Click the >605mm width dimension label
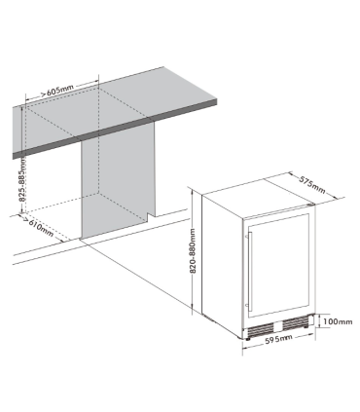60,90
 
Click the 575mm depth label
311,182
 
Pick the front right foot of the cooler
310,340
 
